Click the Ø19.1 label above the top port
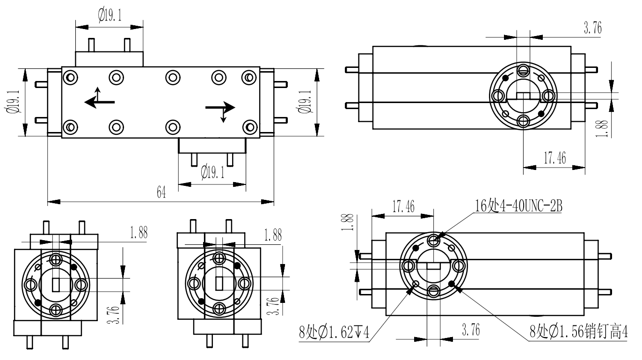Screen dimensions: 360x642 [x=110, y=15]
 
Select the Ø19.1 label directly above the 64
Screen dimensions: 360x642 [x=213, y=173]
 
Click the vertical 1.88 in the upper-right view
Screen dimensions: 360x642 [x=604, y=128]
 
